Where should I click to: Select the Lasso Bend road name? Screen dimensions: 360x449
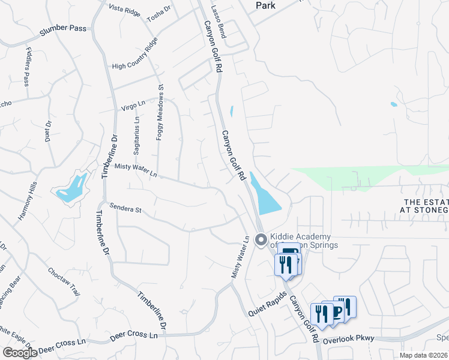pyautogui.click(x=218, y=23)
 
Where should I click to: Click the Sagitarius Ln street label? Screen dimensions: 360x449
pyautogui.click(x=137, y=137)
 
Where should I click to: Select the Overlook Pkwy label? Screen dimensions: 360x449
pyautogui.click(x=348, y=339)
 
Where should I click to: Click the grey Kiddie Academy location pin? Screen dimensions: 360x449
pyautogui.click(x=261, y=240)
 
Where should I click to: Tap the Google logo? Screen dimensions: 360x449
pyautogui.click(x=19, y=353)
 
